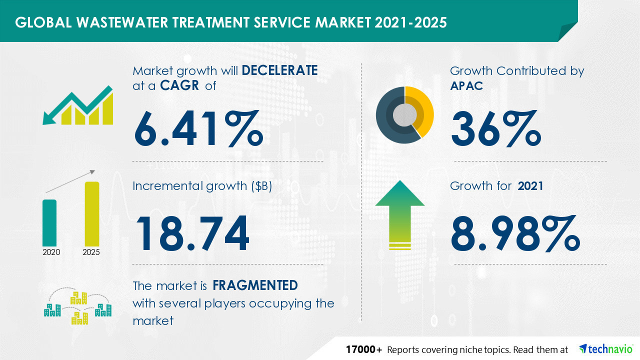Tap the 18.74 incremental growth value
point(192,233)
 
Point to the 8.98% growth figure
point(515,233)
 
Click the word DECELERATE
point(279,70)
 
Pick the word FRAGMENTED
point(255,285)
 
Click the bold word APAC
point(466,86)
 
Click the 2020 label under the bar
point(51,252)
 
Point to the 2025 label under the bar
point(91,252)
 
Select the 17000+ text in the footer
point(364,349)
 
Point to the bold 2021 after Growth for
point(530,186)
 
